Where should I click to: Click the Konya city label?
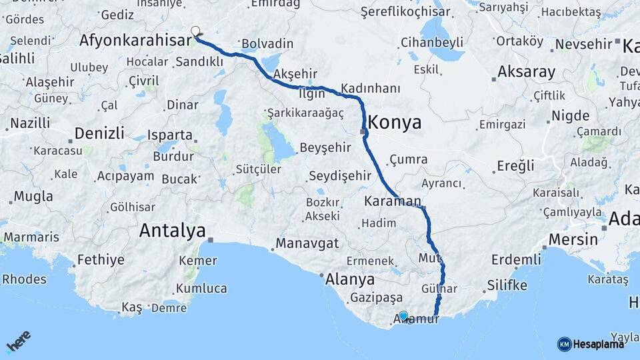pyautogui.click(x=395, y=123)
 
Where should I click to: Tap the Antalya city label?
pyautogui.click(x=172, y=231)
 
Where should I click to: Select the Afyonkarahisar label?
pyautogui.click(x=135, y=41)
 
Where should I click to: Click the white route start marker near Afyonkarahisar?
pyautogui.click(x=195, y=31)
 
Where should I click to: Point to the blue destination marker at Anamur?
pyautogui.click(x=403, y=315)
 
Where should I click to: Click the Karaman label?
pyautogui.click(x=393, y=201)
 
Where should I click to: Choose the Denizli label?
pyautogui.click(x=99, y=133)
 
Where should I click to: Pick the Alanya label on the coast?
pyautogui.click(x=350, y=279)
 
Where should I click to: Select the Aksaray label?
pyautogui.click(x=526, y=72)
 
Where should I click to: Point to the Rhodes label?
pyautogui.click(x=24, y=279)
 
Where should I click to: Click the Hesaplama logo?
pyautogui.click(x=591, y=344)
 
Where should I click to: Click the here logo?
pyautogui.click(x=19, y=343)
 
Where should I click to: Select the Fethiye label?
pyautogui.click(x=101, y=259)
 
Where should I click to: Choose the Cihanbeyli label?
pyautogui.click(x=432, y=43)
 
